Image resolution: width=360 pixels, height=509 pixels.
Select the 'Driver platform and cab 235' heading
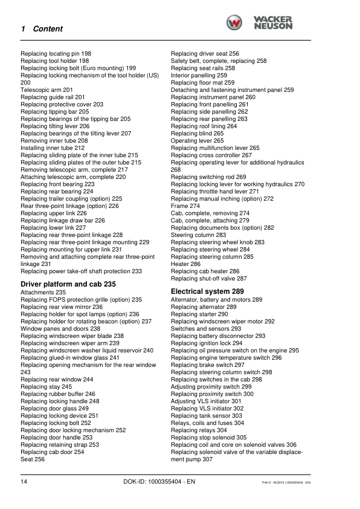68,284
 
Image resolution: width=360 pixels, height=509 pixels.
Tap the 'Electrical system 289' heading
207,291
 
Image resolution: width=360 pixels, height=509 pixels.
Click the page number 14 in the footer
24,481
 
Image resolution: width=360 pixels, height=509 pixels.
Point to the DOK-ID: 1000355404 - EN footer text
158,482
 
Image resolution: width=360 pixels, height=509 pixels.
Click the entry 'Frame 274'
185,206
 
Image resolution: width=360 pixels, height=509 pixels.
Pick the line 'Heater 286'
186,264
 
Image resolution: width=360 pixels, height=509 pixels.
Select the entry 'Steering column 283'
199,235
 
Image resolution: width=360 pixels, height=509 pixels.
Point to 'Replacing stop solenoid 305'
208,437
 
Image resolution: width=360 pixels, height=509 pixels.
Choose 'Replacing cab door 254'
53,452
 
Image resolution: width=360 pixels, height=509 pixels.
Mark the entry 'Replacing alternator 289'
204,306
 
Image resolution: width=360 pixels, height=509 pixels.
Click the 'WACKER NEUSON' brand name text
273,23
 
